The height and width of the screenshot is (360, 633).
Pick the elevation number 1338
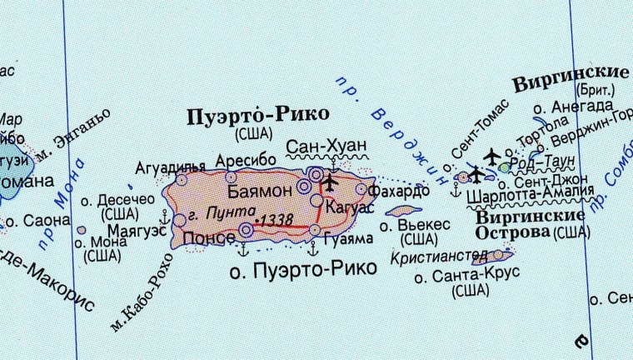(x=277, y=219)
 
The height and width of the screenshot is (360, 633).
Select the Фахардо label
(x=403, y=191)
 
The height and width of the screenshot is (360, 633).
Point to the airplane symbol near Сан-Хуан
(x=330, y=181)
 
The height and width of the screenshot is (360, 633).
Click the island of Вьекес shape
(x=404, y=211)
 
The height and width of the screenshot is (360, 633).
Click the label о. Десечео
(x=117, y=200)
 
